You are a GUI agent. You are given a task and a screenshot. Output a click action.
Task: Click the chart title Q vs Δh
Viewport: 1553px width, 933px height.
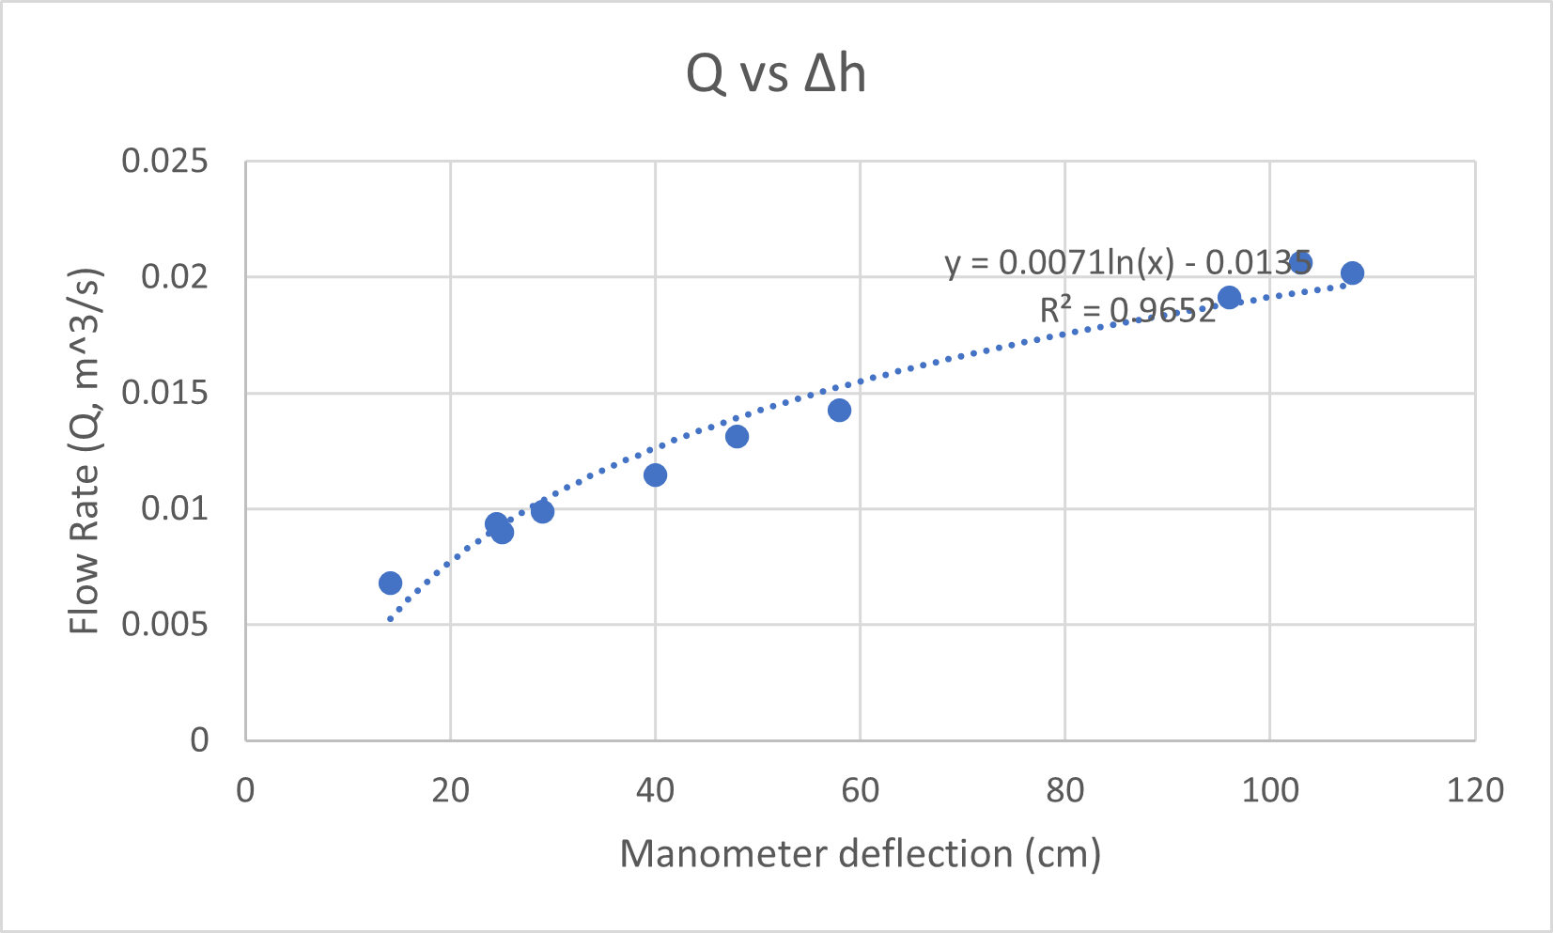coord(775,74)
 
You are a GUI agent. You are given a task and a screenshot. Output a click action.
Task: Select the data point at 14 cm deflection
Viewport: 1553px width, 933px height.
coord(390,583)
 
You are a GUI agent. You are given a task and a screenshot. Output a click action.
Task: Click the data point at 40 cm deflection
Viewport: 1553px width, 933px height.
coord(655,474)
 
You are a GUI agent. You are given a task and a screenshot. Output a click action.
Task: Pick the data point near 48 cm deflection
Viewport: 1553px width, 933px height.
coord(737,436)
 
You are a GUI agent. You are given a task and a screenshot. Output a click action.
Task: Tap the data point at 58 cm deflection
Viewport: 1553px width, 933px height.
coord(839,410)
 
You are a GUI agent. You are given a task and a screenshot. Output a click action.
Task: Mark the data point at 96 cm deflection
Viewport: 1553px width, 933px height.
coord(1229,298)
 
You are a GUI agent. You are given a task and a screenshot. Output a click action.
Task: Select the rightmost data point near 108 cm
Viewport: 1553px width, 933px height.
coord(1352,273)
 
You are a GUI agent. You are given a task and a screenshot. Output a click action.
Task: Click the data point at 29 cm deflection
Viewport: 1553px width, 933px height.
coord(542,511)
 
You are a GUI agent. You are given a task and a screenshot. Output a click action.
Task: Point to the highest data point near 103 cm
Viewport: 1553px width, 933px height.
coord(1300,262)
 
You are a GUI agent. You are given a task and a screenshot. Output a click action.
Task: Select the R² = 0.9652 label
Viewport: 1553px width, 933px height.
coord(1127,310)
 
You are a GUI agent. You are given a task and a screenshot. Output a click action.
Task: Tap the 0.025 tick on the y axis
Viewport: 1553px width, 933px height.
coord(164,162)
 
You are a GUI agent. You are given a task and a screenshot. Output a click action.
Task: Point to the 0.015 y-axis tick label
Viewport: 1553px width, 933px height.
coord(164,393)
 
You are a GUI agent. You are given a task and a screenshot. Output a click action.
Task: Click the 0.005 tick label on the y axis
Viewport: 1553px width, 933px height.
coord(164,624)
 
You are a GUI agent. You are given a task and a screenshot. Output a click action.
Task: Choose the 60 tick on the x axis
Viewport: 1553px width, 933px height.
coord(860,790)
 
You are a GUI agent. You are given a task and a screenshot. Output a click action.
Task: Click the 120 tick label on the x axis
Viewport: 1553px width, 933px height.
coord(1474,790)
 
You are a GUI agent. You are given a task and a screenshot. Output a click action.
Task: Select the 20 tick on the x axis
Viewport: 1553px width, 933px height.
coord(450,790)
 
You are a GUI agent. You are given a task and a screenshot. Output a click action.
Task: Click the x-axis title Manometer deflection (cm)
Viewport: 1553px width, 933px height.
coord(860,854)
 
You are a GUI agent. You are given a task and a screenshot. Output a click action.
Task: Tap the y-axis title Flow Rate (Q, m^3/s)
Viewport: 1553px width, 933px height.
coord(85,451)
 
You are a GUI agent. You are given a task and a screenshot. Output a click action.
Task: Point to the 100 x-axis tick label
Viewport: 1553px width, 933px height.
coord(1269,790)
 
